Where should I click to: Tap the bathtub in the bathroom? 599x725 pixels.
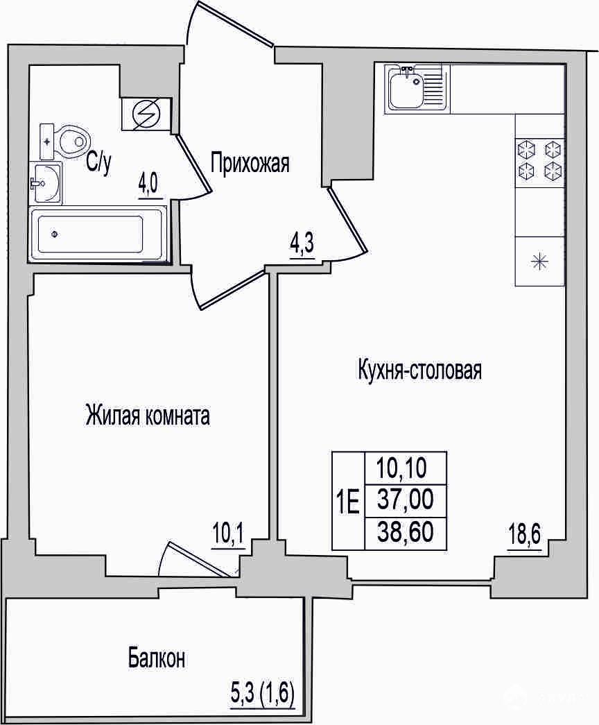click(98, 234)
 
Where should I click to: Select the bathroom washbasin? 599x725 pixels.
click(45, 182)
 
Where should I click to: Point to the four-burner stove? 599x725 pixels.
click(540, 161)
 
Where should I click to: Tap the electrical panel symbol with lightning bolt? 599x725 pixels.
click(146, 114)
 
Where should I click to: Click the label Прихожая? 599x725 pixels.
click(250, 164)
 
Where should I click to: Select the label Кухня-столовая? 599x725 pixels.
click(419, 370)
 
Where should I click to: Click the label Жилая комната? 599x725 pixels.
click(148, 415)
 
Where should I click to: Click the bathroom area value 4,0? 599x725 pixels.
click(150, 188)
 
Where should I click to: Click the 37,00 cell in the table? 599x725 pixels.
click(406, 500)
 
